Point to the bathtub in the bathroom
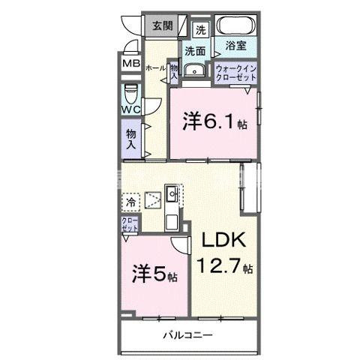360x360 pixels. point(235,26)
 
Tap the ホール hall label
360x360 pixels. point(155,68)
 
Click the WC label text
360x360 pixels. point(132,110)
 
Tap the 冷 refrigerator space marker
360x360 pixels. point(131,202)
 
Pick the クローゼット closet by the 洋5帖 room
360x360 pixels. point(130,223)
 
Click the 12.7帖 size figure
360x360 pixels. point(225,266)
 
